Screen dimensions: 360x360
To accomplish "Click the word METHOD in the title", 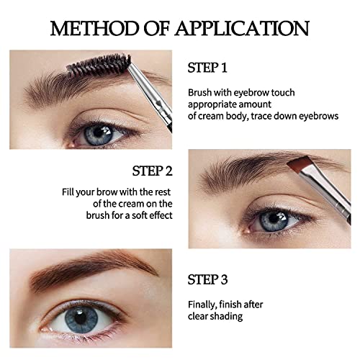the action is tap(94, 29).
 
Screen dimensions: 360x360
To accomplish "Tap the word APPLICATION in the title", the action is tap(242, 29).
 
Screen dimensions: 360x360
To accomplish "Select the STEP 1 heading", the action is tap(207, 68).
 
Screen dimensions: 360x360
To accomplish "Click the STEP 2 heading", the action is tap(153, 171).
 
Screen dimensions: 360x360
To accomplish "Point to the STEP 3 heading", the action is tap(207, 279).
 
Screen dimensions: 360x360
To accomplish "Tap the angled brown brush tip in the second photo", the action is tap(298, 163).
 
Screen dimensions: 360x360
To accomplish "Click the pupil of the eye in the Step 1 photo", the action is tap(98, 132).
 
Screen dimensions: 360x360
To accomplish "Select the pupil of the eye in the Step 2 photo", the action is tap(274, 218).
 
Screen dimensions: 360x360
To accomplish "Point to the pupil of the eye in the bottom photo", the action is tap(81, 318).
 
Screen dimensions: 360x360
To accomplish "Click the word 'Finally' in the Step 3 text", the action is tap(201, 305).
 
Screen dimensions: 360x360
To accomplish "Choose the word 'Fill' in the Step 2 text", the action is tap(68, 192).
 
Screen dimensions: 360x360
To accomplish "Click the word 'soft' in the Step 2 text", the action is tap(140, 215).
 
